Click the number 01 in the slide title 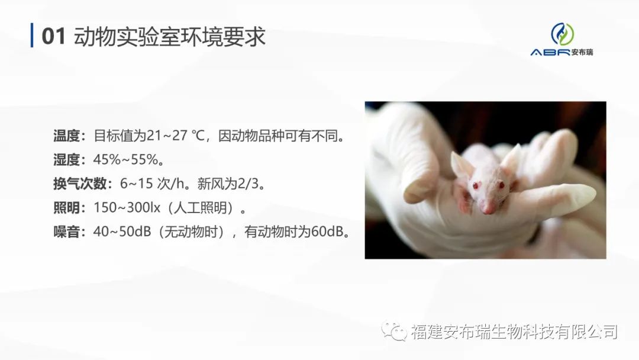[x=53, y=36]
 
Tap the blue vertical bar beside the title [x=32, y=36]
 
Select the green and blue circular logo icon [x=563, y=34]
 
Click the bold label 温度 [x=66, y=136]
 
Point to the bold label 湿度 [x=66, y=159]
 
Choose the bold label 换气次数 [x=80, y=184]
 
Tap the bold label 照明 [x=66, y=207]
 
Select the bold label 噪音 [x=66, y=232]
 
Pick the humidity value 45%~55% [x=126, y=159]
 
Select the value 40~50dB [x=122, y=232]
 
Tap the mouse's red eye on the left [x=475, y=186]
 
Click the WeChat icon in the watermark [x=394, y=331]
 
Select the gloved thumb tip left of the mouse [x=416, y=192]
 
